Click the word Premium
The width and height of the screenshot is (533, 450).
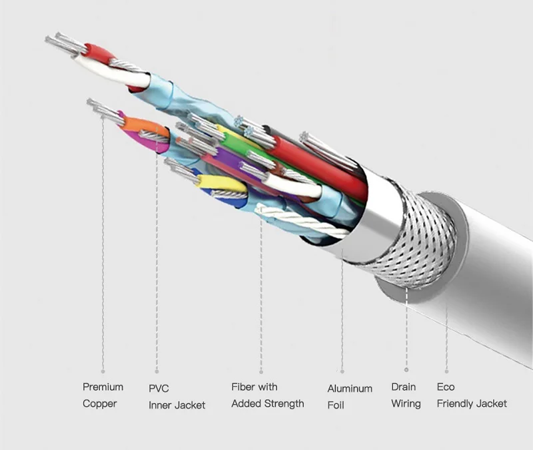(x=103, y=387)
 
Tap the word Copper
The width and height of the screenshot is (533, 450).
(x=100, y=403)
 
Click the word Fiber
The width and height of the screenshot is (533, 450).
(x=244, y=387)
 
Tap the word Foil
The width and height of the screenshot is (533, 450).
(x=336, y=405)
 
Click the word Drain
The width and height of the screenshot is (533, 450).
(x=403, y=387)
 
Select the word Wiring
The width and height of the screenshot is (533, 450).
(x=406, y=403)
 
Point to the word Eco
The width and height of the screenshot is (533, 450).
(x=446, y=387)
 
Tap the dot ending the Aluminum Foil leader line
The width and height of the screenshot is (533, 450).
(x=342, y=371)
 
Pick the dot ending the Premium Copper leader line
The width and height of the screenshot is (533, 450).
(x=103, y=371)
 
